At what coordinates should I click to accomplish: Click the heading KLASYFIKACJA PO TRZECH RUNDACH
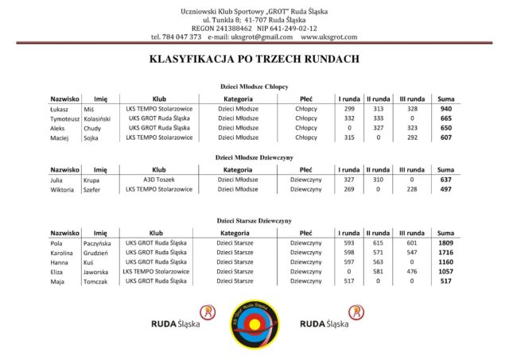254,59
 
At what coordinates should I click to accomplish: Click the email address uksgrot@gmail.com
262,37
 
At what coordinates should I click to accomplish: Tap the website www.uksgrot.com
328,37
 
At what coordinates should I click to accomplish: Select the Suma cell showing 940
445,108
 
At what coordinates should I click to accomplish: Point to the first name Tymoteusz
64,118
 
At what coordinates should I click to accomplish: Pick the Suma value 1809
445,242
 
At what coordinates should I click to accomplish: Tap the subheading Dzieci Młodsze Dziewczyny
254,157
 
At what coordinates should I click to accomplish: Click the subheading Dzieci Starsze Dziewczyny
254,220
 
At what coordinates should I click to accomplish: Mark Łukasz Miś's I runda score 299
348,108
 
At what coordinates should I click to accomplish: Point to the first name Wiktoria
64,189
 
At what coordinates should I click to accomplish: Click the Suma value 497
445,189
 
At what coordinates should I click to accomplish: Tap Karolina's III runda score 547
411,251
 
